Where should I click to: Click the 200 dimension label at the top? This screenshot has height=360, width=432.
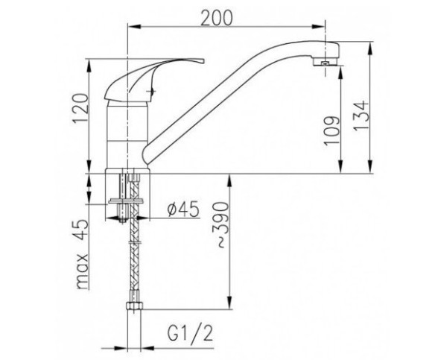click(x=217, y=18)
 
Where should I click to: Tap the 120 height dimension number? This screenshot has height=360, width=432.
click(x=80, y=108)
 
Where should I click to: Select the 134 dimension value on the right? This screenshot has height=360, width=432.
click(x=360, y=115)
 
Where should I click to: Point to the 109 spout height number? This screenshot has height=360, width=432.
click(x=331, y=130)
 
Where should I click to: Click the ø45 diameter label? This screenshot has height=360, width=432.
click(x=183, y=209)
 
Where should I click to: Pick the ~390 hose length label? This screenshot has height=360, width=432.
click(x=222, y=224)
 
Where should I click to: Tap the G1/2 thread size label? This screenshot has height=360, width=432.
click(x=190, y=333)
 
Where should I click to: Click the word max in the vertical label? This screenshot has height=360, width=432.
click(x=83, y=271)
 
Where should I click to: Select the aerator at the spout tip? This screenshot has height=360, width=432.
click(x=325, y=63)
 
